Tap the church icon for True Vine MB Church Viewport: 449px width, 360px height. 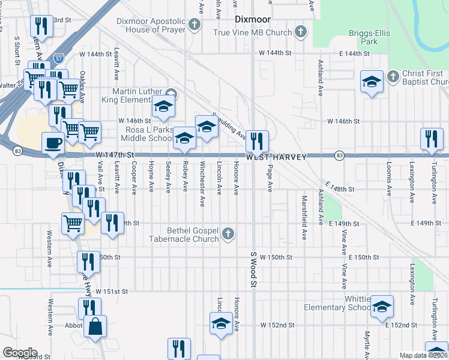coord(301,31)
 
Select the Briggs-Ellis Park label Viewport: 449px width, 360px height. coord(365,38)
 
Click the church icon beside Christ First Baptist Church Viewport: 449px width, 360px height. coord(393,77)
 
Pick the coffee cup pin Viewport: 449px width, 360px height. coord(53,142)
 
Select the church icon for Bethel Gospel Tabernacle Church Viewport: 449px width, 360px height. coord(228,233)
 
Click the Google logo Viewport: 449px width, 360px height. coord(19,353)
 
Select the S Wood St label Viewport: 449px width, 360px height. coord(253,269)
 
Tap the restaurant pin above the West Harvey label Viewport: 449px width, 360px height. coord(257,141)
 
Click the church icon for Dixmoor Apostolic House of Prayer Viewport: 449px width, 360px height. coord(194,25)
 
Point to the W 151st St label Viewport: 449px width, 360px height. coord(112,292)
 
